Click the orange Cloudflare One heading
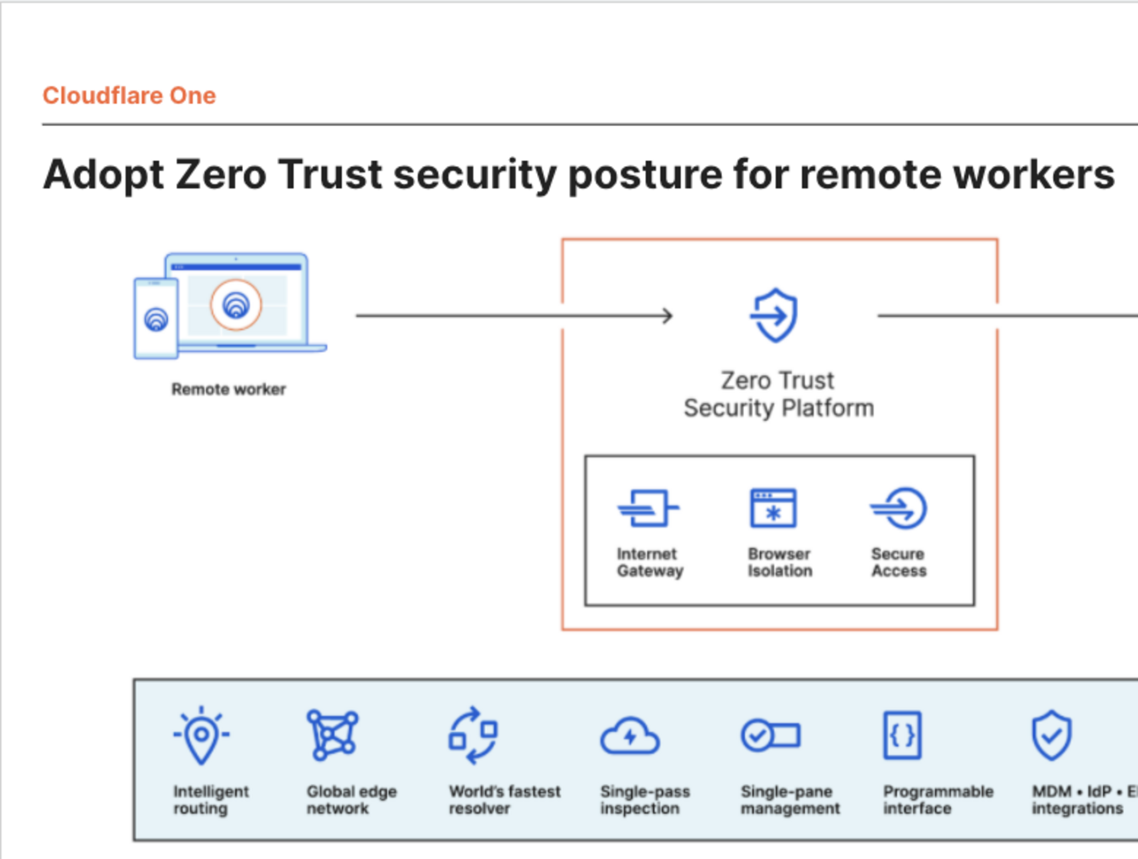130,95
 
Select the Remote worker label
228,389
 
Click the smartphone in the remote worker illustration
156,319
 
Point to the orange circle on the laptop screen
236,304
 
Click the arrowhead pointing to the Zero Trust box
667,316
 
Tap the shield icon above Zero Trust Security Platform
775,315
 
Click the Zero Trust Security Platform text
778,394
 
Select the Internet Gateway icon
648,509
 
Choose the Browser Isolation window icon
773,509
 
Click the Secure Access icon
899,509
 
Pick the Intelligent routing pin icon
201,735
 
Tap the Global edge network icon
332,735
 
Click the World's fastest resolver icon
473,735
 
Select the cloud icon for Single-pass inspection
629,736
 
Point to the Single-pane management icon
770,735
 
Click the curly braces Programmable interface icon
903,735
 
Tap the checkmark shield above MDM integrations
1051,735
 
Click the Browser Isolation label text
780,562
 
